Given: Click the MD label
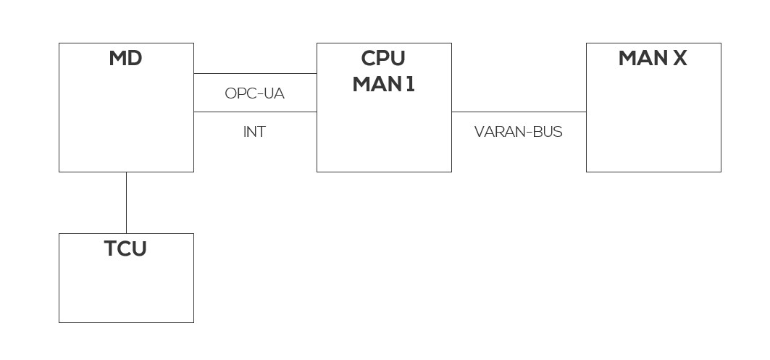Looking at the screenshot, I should (x=125, y=59).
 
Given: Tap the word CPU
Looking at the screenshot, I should (x=383, y=59).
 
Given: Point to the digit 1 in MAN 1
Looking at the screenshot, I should (x=410, y=84).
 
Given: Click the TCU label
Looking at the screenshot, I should (x=125, y=249).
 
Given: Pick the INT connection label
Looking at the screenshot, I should (x=254, y=133).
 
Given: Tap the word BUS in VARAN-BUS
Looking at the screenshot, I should (x=547, y=133).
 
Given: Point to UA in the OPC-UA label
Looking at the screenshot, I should (x=275, y=93).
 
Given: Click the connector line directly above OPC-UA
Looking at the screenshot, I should (x=255, y=73).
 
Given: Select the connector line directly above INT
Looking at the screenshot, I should (x=255, y=112).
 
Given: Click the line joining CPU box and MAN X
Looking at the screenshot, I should (x=519, y=112).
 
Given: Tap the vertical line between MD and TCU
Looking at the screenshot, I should (x=126, y=203).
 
